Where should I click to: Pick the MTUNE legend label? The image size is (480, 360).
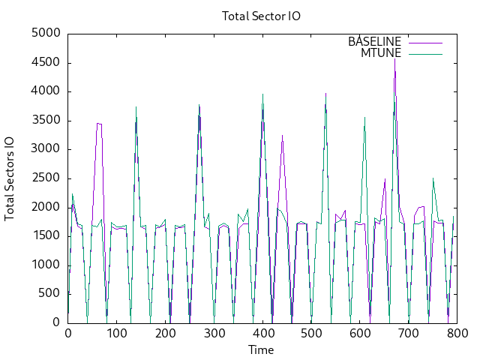pyautogui.click(x=381, y=52)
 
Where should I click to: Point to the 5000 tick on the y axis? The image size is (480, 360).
pyautogui.click(x=48, y=34)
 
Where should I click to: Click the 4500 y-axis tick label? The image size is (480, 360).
pyautogui.click(x=48, y=63)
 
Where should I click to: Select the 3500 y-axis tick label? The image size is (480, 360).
pyautogui.click(x=48, y=121)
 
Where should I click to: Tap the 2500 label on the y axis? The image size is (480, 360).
pyautogui.click(x=48, y=178)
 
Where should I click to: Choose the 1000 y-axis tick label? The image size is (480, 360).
pyautogui.click(x=48, y=265)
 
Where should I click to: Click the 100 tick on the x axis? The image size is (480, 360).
pyautogui.click(x=116, y=334)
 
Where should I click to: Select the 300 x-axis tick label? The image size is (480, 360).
pyautogui.click(x=214, y=334)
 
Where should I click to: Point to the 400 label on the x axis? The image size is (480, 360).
pyautogui.click(x=262, y=334)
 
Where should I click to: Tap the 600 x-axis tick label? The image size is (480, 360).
pyautogui.click(x=360, y=334)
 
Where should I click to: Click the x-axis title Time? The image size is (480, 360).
pyautogui.click(x=262, y=349)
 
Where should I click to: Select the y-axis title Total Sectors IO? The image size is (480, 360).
pyautogui.click(x=10, y=178)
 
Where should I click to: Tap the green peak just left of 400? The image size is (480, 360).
pyautogui.click(x=262, y=94)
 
